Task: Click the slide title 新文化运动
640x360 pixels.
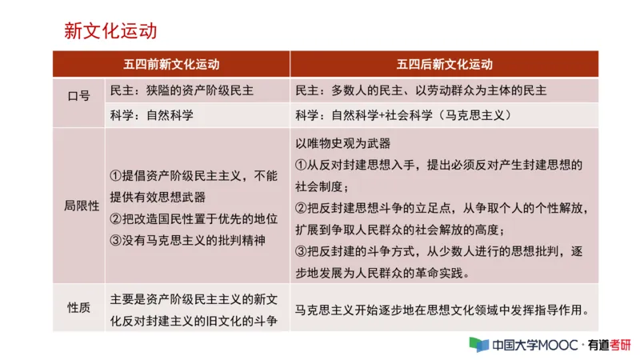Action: tap(110, 31)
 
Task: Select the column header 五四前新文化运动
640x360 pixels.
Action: tap(171, 65)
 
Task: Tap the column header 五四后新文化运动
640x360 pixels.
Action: tap(444, 65)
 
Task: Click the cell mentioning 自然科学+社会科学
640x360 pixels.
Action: tap(403, 114)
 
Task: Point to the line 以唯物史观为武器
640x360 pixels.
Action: tap(344, 143)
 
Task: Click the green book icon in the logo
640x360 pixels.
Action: tap(478, 345)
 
